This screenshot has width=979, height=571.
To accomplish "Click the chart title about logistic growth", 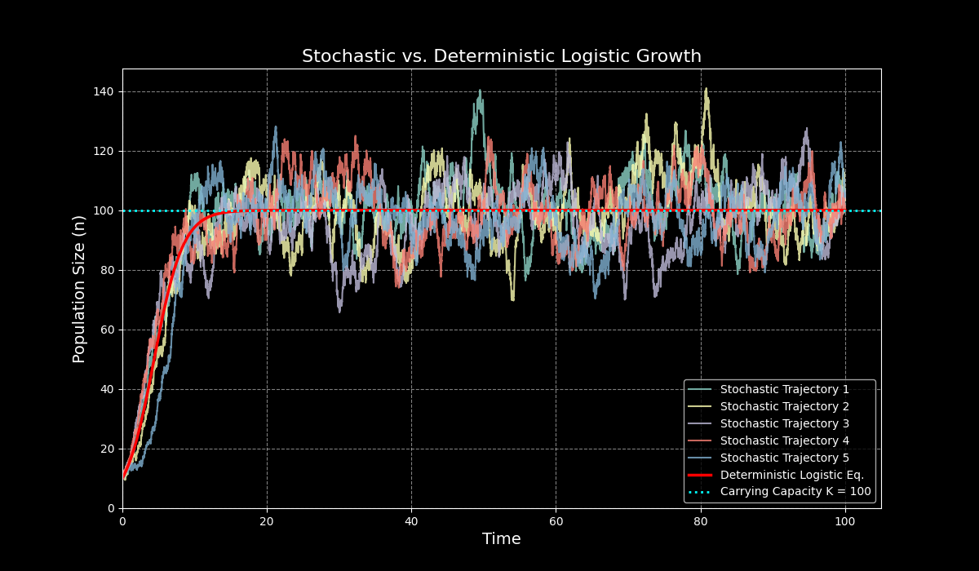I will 501,56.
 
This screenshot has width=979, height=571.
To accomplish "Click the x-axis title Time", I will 501,539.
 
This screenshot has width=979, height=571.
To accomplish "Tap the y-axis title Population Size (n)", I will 79,289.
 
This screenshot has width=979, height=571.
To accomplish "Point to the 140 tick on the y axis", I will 104,91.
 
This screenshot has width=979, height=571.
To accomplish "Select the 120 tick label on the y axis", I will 104,151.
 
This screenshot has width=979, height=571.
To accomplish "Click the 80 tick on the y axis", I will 107,270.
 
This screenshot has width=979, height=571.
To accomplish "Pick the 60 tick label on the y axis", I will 107,330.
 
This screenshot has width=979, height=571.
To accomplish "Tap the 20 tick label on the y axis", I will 107,449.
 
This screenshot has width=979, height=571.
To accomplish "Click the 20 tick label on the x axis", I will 267,521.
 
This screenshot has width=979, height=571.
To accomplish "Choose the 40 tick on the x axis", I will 411,521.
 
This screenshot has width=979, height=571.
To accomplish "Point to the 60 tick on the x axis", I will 556,521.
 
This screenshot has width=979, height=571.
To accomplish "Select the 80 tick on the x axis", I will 700,521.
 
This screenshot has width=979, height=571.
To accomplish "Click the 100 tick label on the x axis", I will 844,521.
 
